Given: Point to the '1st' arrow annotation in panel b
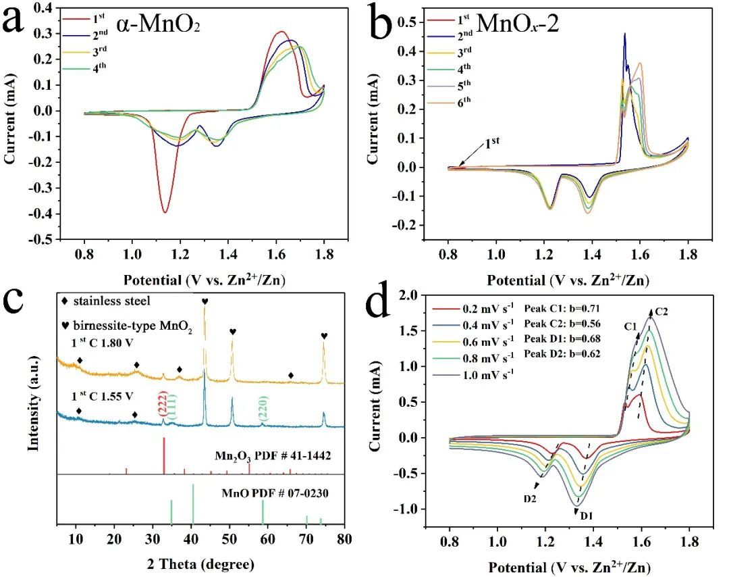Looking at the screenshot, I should (493, 144).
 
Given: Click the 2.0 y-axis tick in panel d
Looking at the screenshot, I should (410, 295).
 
